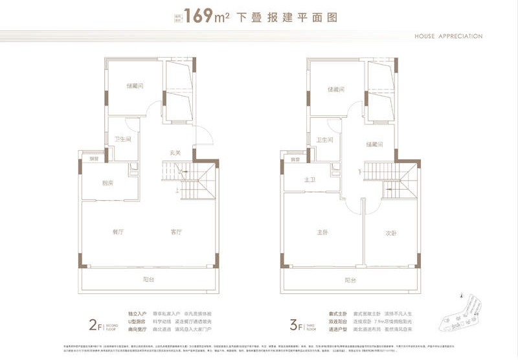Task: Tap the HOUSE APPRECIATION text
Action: [x=448, y=36]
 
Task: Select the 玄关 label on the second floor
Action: [x=175, y=153]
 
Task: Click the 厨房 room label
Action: [x=107, y=183]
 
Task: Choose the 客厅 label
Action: [x=176, y=232]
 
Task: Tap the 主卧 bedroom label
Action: [x=322, y=232]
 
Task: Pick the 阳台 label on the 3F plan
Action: [x=350, y=280]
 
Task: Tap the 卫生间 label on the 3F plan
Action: [x=324, y=140]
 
